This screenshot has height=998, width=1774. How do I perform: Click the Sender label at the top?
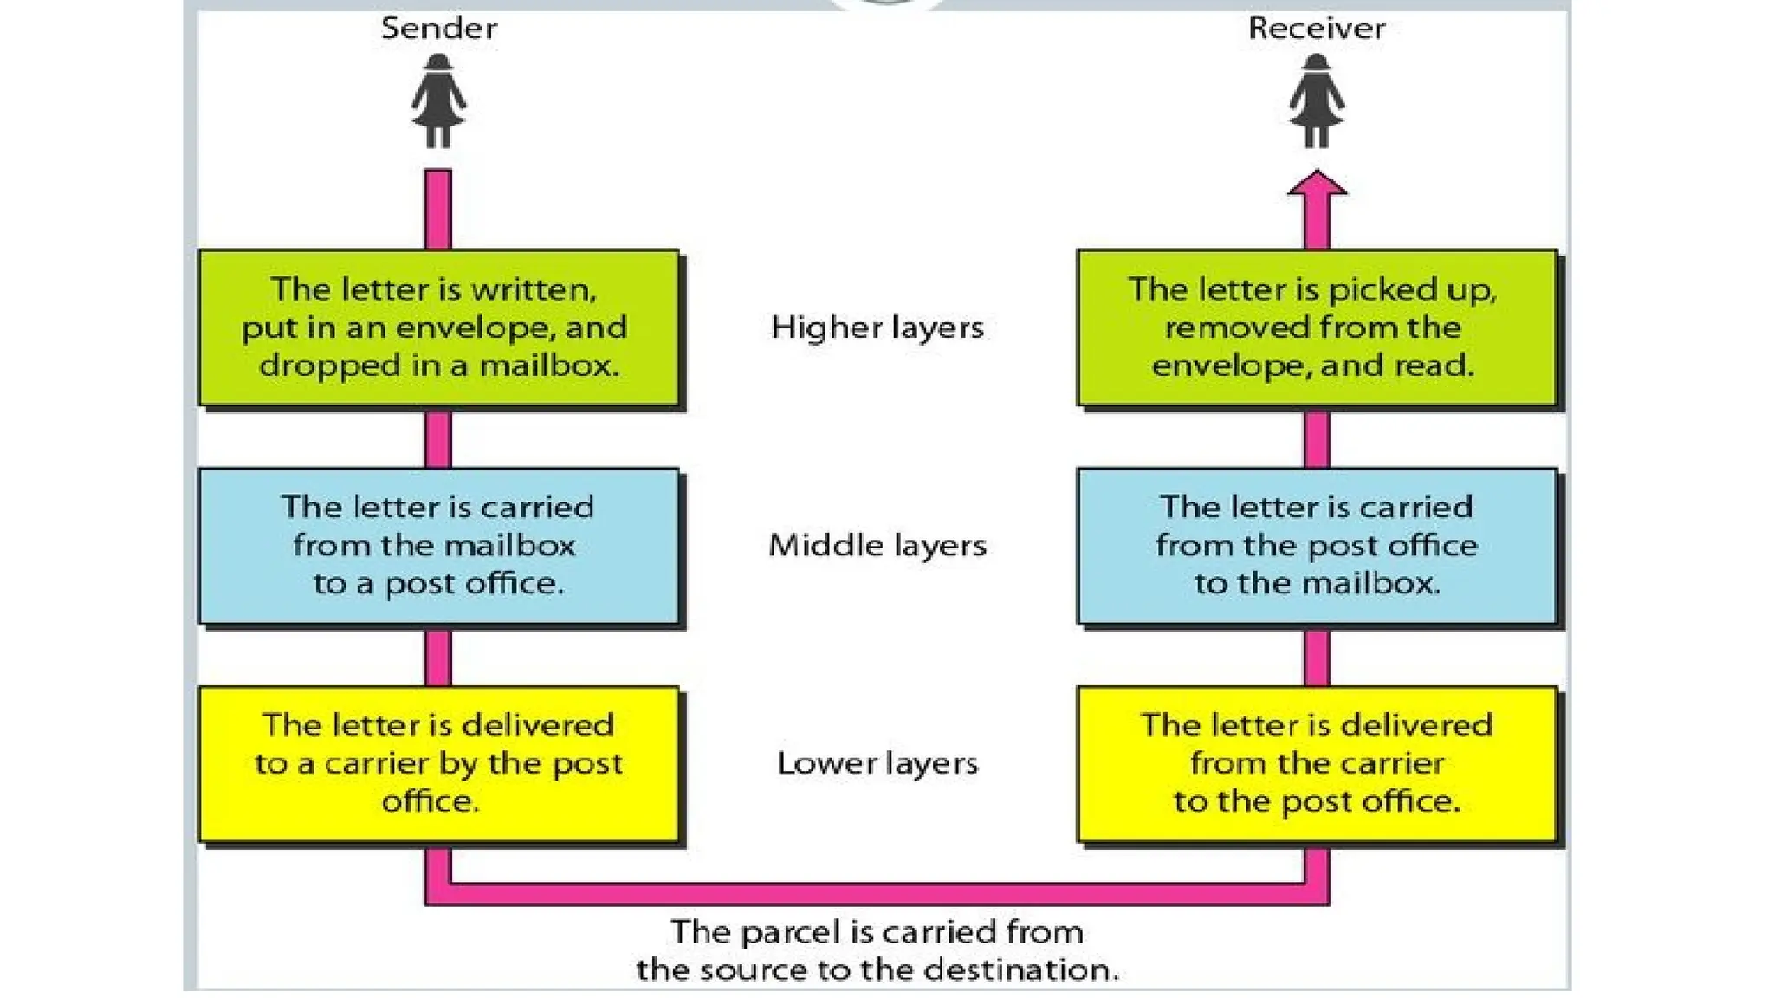coord(439,29)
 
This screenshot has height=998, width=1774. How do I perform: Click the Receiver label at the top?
coord(1316,29)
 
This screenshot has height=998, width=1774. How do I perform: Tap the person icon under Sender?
coord(438,101)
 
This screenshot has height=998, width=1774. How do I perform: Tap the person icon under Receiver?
coord(1316,101)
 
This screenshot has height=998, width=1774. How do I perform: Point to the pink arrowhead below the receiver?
coord(1317,185)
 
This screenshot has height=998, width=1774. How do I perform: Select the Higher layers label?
coord(877,327)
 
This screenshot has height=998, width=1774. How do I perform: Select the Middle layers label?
coord(877,545)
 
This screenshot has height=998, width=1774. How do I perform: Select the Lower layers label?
coord(877,763)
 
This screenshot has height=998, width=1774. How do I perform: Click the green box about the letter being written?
coord(438,327)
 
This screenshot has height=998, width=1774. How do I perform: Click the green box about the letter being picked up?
coord(1316,327)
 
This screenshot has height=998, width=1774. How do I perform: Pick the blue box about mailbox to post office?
coord(438,546)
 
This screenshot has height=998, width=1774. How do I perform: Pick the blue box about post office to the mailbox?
coord(1316,546)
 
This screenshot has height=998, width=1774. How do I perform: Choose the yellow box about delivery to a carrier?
coord(438,763)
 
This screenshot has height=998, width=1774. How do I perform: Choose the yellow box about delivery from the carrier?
coord(1316,763)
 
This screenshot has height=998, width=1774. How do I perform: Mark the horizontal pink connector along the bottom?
coord(877,894)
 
